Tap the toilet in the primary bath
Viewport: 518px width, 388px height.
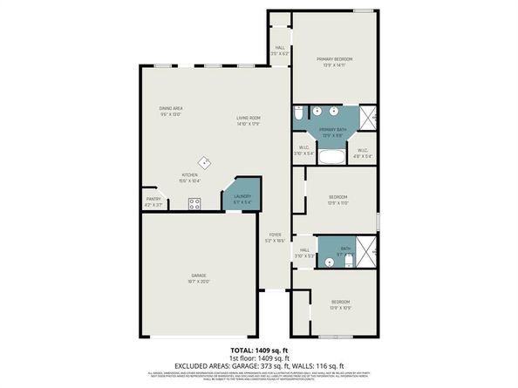(x=298, y=114)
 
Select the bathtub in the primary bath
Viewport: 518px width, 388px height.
(x=332, y=157)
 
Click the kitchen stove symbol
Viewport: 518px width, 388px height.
(x=195, y=204)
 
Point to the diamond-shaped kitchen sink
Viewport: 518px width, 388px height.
(x=204, y=161)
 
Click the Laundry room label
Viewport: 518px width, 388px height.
(x=242, y=199)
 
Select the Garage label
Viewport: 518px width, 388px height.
(x=200, y=279)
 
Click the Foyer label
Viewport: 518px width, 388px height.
(x=275, y=237)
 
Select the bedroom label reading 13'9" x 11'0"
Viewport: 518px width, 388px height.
(x=338, y=200)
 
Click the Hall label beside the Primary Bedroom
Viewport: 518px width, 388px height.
(x=279, y=51)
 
